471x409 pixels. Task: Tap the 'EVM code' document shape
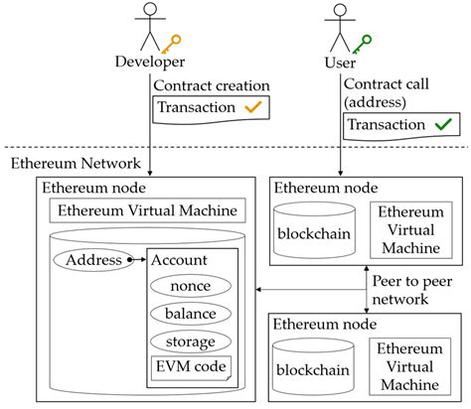(x=190, y=368)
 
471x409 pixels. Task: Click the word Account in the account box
(x=179, y=260)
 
